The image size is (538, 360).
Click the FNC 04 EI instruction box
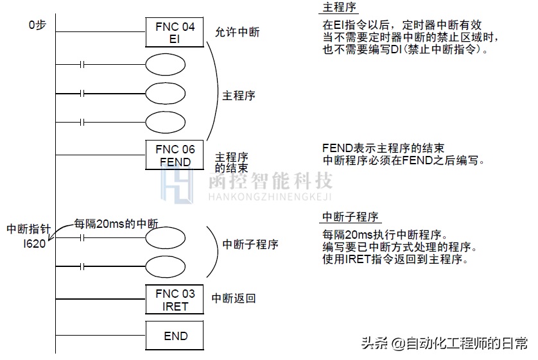[x=175, y=32]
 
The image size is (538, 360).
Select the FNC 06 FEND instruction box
[x=175, y=155]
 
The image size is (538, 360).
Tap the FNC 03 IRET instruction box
[x=175, y=300]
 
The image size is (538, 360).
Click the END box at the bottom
[x=175, y=336]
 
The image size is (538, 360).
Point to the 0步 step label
[x=37, y=26]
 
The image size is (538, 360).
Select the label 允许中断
[x=238, y=32]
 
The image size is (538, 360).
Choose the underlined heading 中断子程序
[x=350, y=216]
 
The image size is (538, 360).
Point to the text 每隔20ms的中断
[x=116, y=223]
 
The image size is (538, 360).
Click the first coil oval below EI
[x=166, y=65]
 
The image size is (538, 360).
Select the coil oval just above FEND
[x=166, y=122]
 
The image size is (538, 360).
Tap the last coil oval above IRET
[x=166, y=266]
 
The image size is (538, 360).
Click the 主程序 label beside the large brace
[x=239, y=96]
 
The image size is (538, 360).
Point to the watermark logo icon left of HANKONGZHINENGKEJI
[x=177, y=187]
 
